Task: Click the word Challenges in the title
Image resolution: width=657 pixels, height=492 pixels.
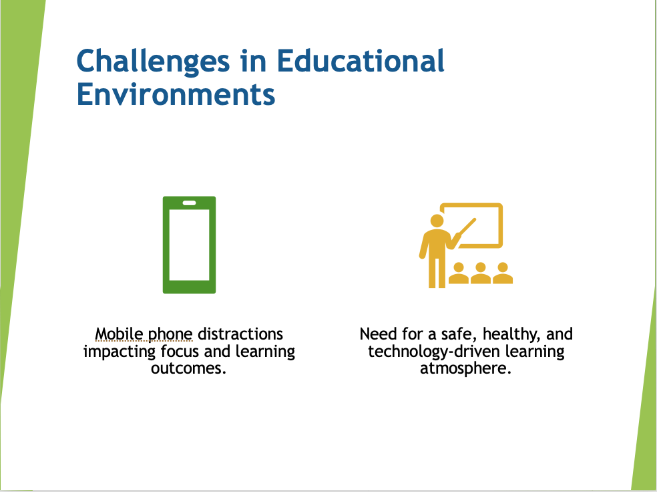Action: pos(154,62)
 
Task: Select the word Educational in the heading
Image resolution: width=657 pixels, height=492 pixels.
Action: pos(361,61)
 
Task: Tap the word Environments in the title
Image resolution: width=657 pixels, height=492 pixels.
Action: pos(176,94)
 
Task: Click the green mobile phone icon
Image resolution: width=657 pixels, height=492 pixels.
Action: pos(190,245)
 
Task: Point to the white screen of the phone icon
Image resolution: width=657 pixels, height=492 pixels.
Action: pos(190,245)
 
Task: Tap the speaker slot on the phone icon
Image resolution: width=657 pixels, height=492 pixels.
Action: pos(190,203)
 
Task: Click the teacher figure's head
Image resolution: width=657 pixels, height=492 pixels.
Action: pos(437,221)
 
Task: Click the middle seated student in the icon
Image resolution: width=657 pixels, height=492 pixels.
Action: pos(481,273)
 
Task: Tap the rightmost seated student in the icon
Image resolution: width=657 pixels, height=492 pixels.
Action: pos(503,273)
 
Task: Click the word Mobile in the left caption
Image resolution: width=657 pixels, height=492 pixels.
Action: pos(119,334)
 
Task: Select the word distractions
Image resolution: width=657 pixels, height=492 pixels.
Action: pos(240,334)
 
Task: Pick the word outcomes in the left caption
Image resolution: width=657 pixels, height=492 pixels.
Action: pos(189,368)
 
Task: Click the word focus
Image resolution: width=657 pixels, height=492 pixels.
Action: pos(180,351)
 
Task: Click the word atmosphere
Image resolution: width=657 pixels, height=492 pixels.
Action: pos(466,368)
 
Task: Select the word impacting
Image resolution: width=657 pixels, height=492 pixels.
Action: pos(120,352)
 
